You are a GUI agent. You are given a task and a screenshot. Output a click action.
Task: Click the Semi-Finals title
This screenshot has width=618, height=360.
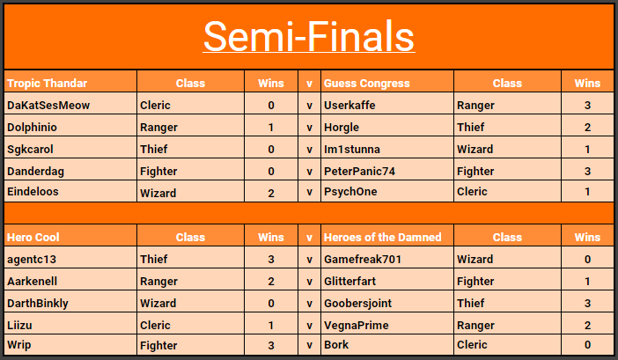point(309,36)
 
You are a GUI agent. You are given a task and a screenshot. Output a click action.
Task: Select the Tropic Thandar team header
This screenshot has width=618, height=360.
point(47,83)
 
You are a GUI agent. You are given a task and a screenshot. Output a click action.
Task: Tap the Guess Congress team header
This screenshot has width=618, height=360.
point(366,83)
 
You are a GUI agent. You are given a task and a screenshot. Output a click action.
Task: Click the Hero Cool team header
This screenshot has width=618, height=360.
point(33,237)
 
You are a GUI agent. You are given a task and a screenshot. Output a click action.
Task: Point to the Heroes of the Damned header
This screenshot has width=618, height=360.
point(382,237)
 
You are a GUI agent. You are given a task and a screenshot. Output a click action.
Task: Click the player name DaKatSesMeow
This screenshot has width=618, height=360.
point(48,105)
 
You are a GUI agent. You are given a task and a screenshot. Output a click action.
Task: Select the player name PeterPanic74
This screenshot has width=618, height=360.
point(359,172)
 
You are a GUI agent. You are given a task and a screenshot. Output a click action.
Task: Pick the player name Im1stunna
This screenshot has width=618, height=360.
point(352,150)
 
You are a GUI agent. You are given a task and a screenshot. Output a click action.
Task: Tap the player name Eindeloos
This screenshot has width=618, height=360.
point(33,191)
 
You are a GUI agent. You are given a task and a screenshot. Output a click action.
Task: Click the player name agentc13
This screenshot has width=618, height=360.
point(32,260)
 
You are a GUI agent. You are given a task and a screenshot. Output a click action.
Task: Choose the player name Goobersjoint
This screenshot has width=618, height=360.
point(358,304)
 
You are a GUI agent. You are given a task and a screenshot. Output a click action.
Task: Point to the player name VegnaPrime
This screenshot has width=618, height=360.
point(357,326)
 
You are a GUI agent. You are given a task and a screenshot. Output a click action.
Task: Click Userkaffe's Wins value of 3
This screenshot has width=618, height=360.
point(587,105)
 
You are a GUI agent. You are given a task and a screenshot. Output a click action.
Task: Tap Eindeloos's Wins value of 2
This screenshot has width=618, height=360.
point(271,193)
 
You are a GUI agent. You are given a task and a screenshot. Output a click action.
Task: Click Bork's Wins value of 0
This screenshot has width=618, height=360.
point(587,345)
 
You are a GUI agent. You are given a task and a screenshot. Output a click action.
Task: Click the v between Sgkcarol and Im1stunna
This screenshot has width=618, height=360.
point(309,150)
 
